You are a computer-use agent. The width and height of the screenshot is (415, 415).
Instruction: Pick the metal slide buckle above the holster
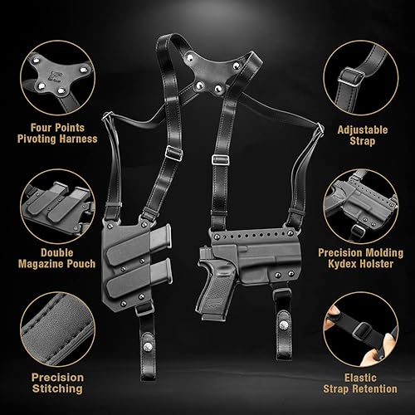coord(220,159)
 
